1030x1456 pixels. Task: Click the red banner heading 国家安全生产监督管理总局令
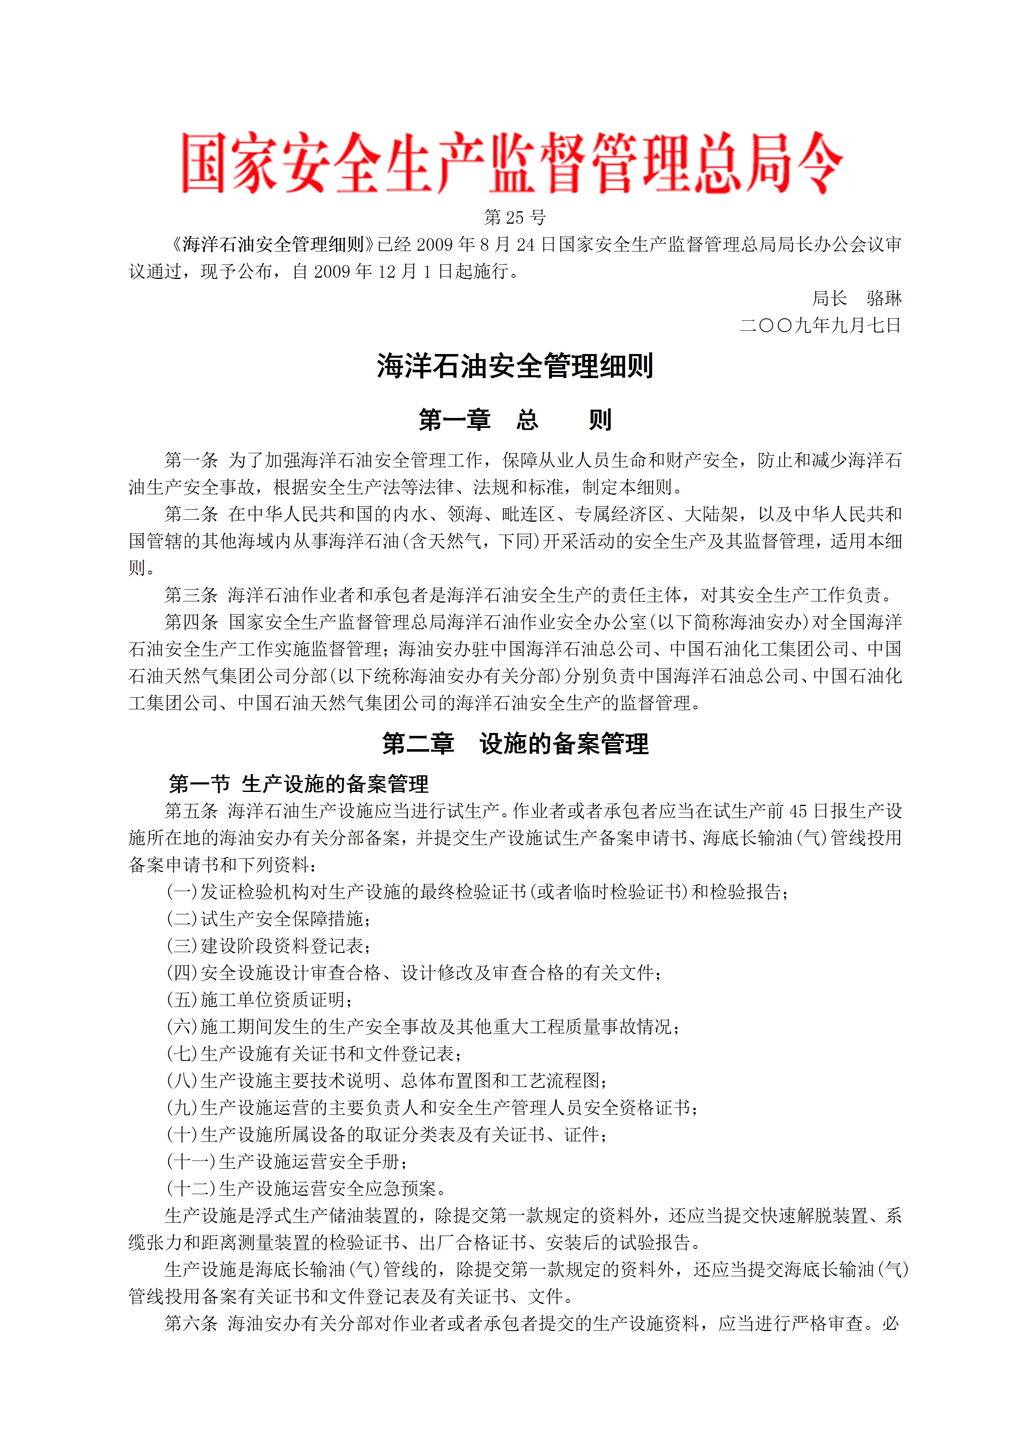coord(512,163)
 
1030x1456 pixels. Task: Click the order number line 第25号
coord(515,217)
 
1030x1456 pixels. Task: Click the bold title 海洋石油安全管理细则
coord(515,366)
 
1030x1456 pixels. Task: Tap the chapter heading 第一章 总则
coord(515,420)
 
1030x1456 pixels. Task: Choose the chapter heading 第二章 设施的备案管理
coord(515,743)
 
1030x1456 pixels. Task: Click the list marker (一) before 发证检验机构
coord(182,892)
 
